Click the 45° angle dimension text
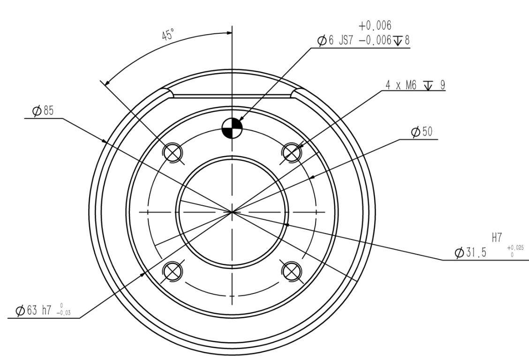pos(168,34)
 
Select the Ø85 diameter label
pos(43,111)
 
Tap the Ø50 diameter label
pos(422,132)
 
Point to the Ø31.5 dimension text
pos(471,252)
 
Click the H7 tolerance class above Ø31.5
pos(497,238)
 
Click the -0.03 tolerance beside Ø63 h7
pos(63,313)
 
